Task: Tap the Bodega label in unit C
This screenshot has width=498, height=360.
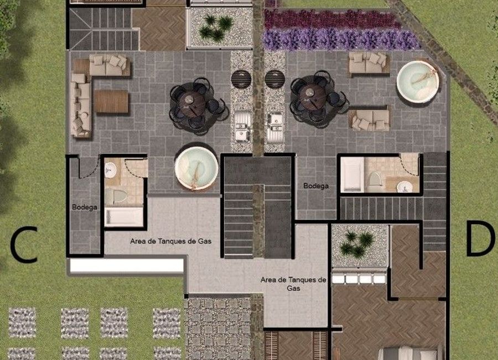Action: [x=85, y=207]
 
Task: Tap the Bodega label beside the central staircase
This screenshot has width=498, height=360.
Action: [x=316, y=186]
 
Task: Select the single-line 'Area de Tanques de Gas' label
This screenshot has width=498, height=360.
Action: [x=171, y=241]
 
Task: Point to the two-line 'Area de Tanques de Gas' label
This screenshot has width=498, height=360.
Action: [x=293, y=284]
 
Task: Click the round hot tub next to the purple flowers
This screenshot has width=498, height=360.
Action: [x=418, y=81]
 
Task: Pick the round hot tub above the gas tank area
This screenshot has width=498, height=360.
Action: [x=196, y=168]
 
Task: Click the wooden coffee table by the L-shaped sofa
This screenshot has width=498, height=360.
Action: [x=111, y=101]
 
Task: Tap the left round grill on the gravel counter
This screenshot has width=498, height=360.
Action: [x=241, y=79]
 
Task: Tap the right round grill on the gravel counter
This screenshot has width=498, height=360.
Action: [x=274, y=79]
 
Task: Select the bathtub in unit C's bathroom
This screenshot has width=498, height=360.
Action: [x=124, y=217]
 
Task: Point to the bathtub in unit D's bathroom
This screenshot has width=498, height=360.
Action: [x=352, y=175]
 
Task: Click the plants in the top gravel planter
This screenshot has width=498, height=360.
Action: [x=216, y=28]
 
